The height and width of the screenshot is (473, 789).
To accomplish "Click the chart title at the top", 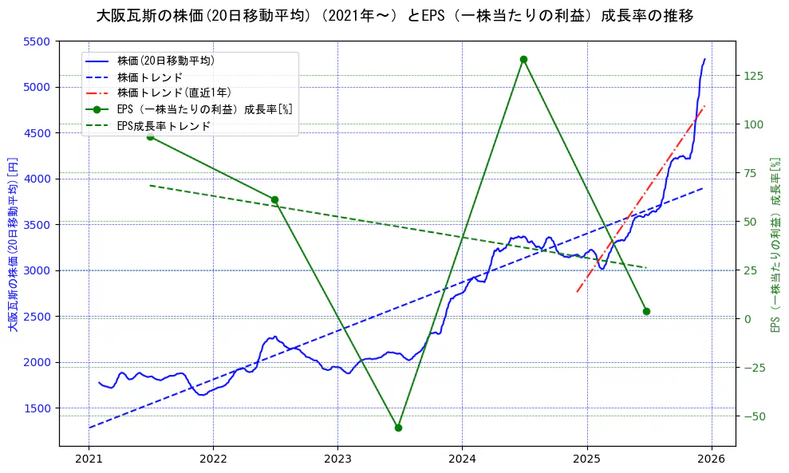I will point(394,15).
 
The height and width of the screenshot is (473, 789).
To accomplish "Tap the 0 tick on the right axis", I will point(748,319).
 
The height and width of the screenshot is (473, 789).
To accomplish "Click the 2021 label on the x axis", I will point(89,460).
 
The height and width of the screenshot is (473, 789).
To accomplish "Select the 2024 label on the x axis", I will point(462,460).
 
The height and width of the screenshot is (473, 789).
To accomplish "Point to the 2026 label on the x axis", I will point(712,460).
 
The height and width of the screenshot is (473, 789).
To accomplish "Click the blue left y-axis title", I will point(12,244).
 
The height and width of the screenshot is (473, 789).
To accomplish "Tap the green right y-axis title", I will point(775,244).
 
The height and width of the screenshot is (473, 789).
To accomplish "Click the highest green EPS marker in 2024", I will point(523,59).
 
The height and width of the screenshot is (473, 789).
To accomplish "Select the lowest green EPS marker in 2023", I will point(398,428).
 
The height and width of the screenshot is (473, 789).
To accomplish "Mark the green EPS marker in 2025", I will point(646,311).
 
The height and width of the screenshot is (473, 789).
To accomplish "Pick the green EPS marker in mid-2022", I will point(274,199).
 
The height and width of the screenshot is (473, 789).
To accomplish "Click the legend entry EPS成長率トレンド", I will point(164,126).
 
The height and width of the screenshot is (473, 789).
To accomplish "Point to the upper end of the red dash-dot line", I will point(704,106).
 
